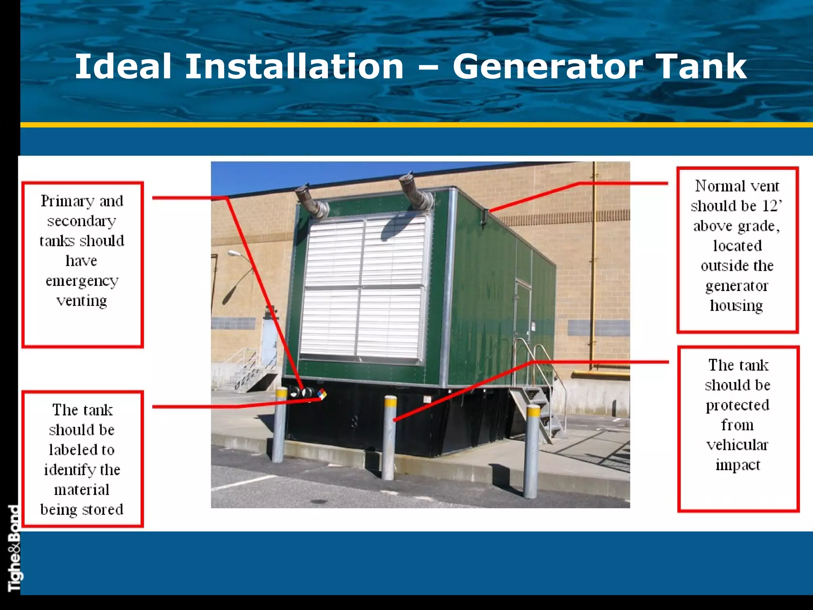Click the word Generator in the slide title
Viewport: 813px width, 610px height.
547,66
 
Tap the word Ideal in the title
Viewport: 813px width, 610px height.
123,66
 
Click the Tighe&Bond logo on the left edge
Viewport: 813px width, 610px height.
14,548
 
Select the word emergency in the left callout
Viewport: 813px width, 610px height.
82,281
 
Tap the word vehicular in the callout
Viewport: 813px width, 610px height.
737,445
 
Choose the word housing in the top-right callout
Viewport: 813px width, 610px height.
736,306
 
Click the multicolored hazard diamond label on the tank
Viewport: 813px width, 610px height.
322,394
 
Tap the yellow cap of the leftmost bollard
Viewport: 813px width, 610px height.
281,392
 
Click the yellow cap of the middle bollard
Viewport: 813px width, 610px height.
390,402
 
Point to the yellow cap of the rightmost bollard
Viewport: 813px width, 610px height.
533,411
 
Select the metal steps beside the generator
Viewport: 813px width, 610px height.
540,413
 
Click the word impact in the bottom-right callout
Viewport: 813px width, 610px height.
738,465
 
